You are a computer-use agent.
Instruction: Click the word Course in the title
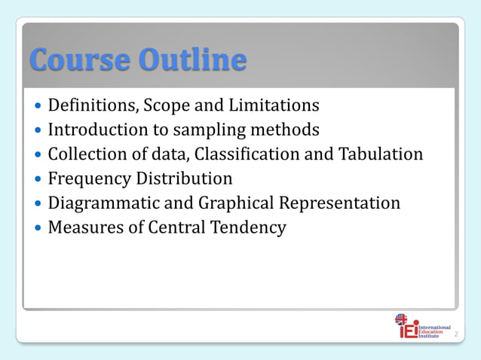tap(80, 59)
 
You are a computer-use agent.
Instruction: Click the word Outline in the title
tap(191, 59)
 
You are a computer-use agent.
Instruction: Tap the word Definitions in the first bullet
tap(91, 105)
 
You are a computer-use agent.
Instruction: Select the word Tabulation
tap(381, 154)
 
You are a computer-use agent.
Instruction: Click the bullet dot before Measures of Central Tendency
tap(38, 228)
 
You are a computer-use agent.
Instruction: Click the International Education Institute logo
tap(422, 327)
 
